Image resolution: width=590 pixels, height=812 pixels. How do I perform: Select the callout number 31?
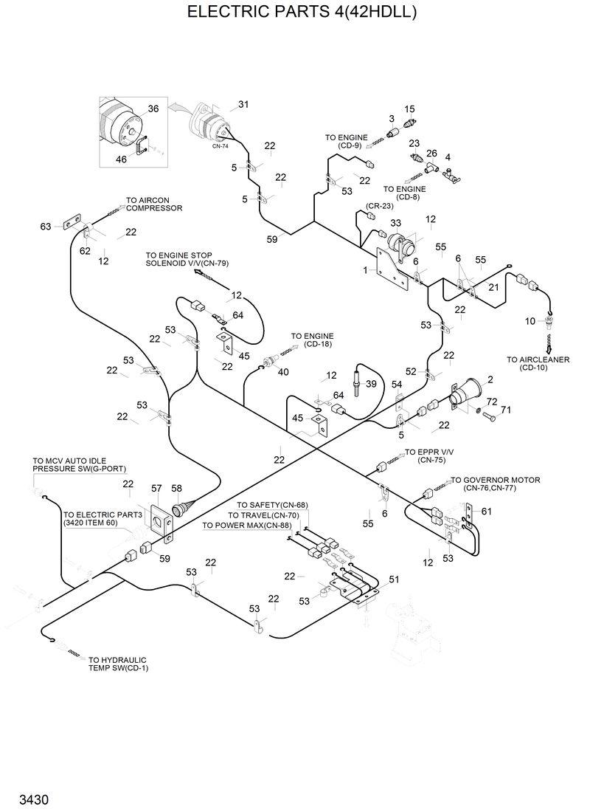coord(243,104)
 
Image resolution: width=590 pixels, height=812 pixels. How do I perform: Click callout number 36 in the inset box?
coord(153,109)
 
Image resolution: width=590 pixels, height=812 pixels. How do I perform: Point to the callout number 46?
coord(121,159)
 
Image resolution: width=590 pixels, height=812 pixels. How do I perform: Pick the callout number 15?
coord(409,109)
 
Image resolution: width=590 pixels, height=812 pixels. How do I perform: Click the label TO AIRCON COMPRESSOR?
coord(153,204)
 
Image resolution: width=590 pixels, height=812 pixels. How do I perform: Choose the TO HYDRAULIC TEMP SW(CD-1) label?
coord(117,664)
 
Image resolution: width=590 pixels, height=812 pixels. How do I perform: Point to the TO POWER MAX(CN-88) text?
coord(246,526)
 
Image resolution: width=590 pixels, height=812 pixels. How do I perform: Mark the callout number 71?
coord(506,410)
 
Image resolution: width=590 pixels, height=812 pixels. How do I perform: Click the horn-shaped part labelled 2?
coord(464,398)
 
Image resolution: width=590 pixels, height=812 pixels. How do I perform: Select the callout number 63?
coord(46,226)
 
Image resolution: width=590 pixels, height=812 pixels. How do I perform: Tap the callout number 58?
coord(176,488)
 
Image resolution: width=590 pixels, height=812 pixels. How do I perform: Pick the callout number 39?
coord(371,384)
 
